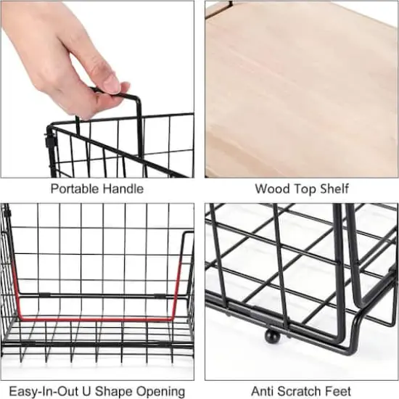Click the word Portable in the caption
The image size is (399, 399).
coord(74,189)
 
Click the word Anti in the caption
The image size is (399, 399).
coord(263,391)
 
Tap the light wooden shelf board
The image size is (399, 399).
coord(297,87)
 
